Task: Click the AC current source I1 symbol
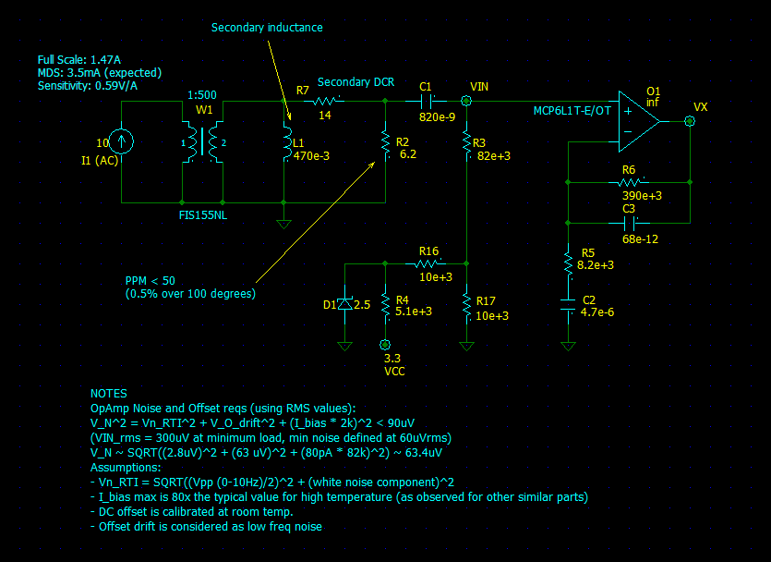[122, 141]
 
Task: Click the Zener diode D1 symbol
[345, 304]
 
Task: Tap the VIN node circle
[466, 101]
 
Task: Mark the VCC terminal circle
[386, 344]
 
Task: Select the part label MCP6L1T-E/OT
[572, 111]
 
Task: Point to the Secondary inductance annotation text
[267, 28]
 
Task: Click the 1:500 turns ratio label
[203, 94]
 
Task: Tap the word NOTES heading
[109, 393]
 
